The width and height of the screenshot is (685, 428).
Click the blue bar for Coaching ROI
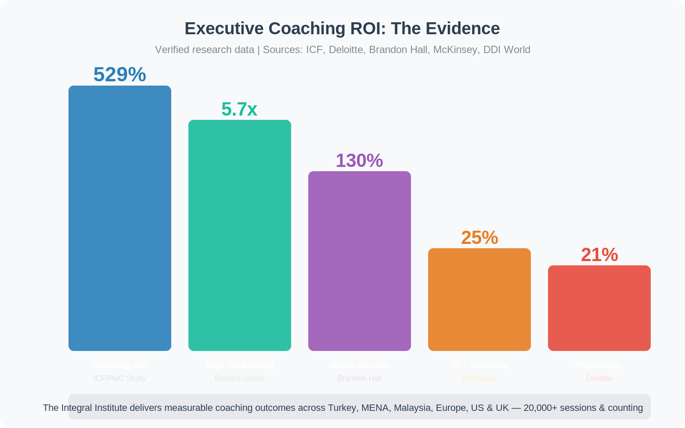pos(120,218)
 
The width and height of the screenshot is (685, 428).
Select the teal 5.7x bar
pos(240,235)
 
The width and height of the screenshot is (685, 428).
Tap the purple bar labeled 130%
pos(360,261)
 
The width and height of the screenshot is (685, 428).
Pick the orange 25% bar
pos(479,300)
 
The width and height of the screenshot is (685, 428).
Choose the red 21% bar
pos(599,308)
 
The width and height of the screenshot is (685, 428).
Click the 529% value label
pos(120,74)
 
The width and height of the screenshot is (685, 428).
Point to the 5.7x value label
pos(239,109)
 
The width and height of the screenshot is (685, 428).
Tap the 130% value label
pos(359,160)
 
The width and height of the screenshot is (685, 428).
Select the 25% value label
pos(479,238)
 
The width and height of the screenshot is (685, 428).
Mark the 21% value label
pos(599,255)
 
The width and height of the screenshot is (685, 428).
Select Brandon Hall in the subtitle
pos(398,50)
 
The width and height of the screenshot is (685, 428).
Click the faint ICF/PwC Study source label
pos(120,378)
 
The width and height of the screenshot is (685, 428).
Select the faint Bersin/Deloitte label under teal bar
pos(240,378)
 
